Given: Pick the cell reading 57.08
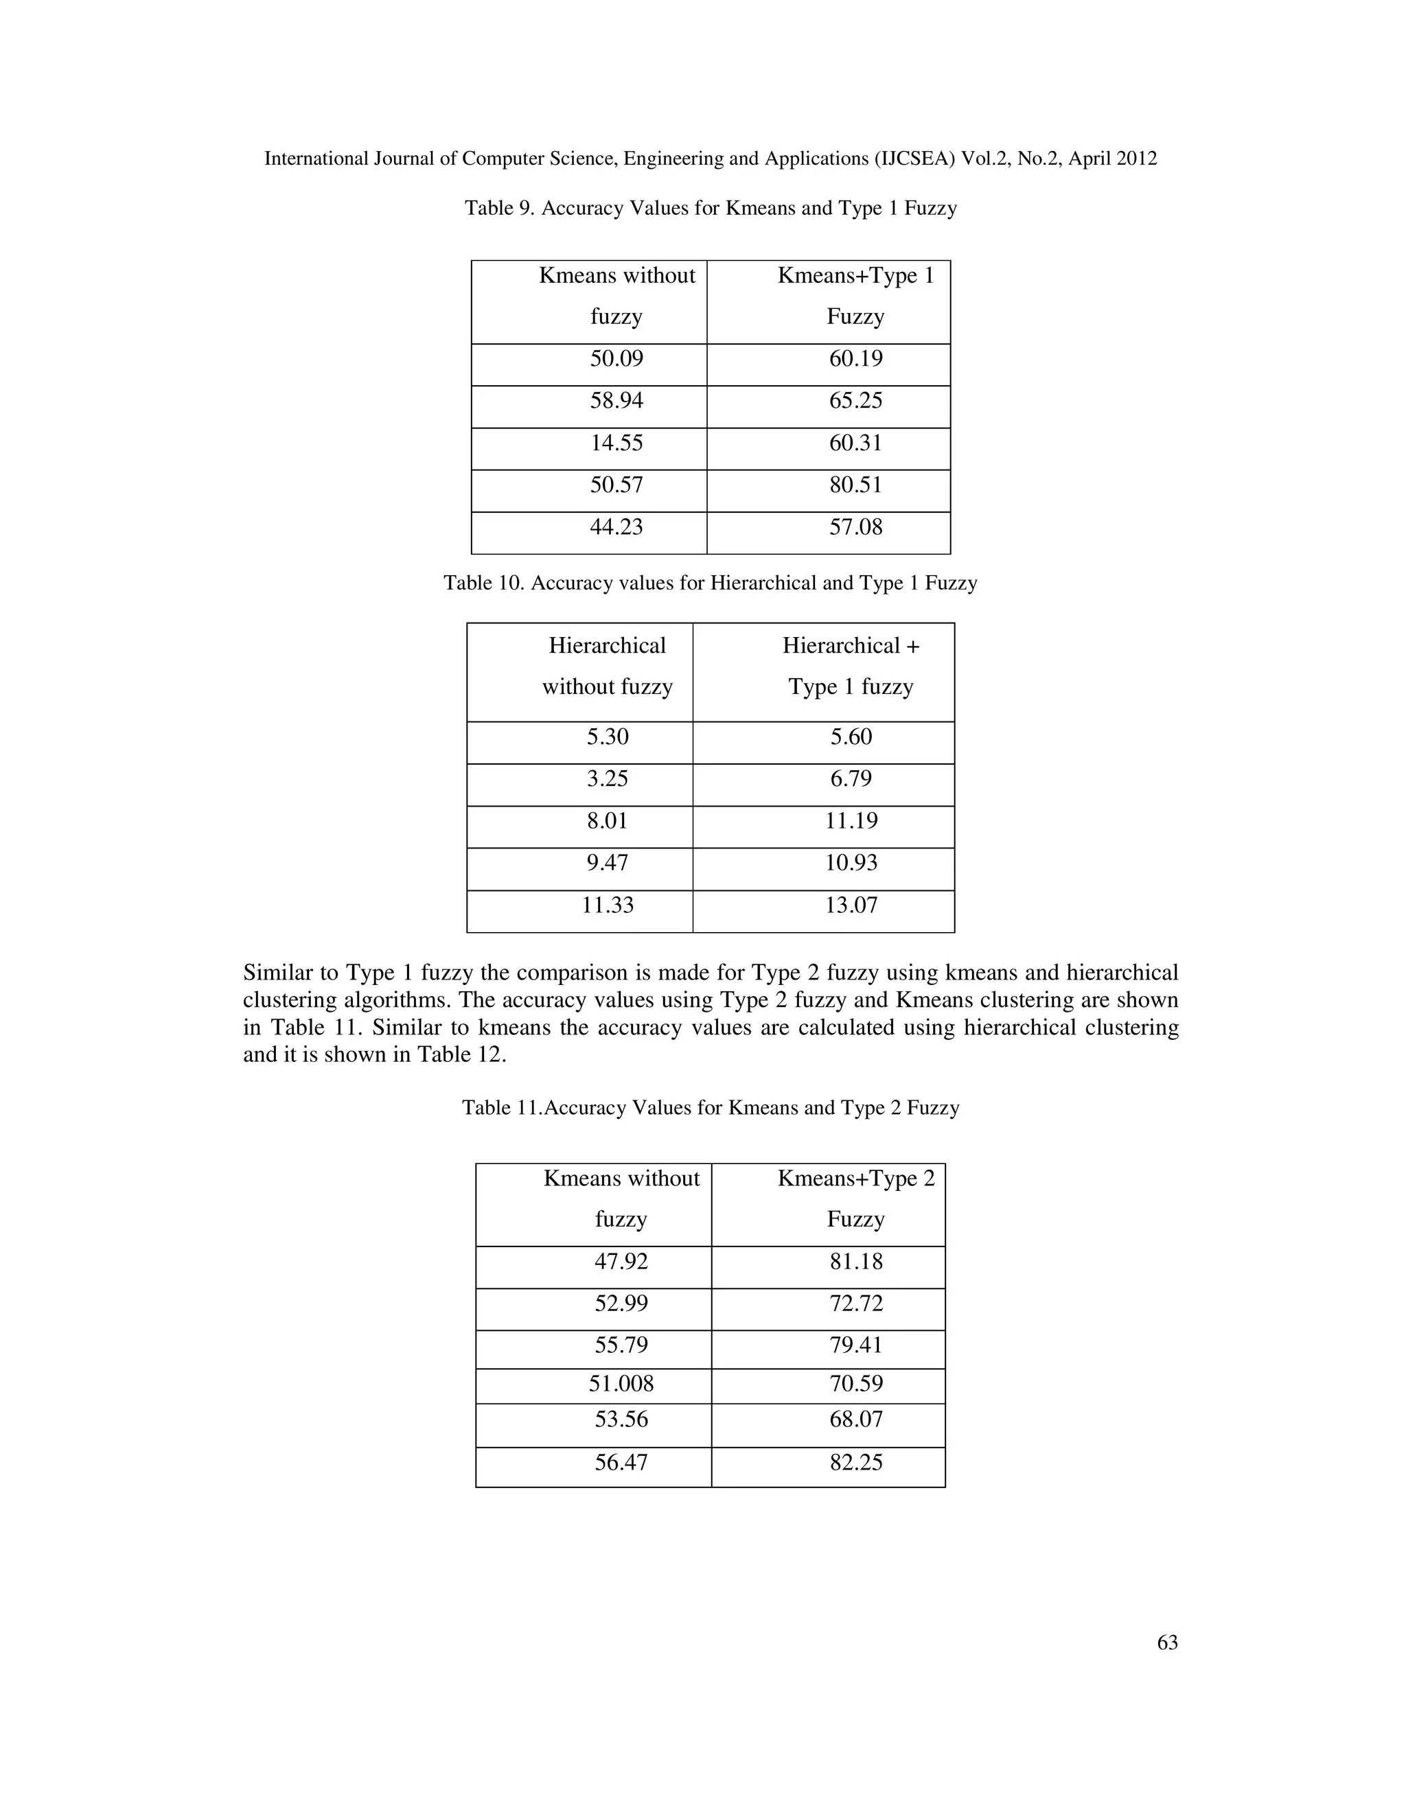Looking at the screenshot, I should pos(855,527).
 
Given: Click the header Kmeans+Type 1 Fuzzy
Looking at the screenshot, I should pos(855,296).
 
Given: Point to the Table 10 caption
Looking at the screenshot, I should pos(710,583).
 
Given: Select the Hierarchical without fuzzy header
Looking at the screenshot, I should pos(607,667).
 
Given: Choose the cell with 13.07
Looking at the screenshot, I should pos(851,905).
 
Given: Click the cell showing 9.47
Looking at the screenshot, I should pos(607,863).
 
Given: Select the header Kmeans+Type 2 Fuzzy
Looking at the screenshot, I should pos(855,1198).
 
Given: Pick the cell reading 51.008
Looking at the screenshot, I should pos(621,1384).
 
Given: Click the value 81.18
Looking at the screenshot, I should pos(855,1262).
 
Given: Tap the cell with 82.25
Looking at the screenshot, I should pos(855,1463).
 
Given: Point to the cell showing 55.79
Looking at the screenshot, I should pos(621,1345).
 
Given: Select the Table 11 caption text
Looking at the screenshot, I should pos(710,1108).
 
